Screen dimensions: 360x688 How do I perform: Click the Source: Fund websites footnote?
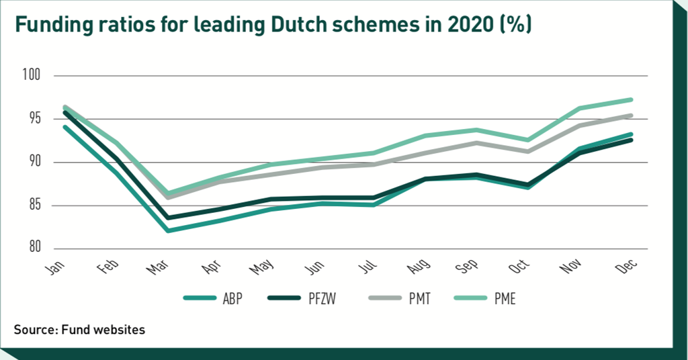[x=79, y=330]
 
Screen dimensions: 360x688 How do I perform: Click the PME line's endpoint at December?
[x=631, y=99]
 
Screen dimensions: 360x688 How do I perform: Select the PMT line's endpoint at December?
[x=631, y=115]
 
